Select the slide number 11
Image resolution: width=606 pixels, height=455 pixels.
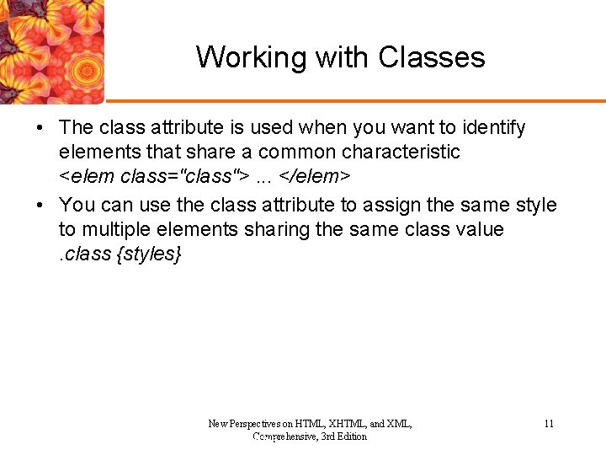pyautogui.click(x=549, y=424)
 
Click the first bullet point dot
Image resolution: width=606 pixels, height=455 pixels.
pyautogui.click(x=40, y=128)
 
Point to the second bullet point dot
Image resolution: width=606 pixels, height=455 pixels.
pyautogui.click(x=40, y=205)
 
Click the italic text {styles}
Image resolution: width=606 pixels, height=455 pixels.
pyautogui.click(x=148, y=254)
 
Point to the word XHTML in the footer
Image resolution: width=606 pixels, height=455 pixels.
pyautogui.click(x=344, y=424)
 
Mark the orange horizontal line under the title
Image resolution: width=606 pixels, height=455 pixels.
pyautogui.click(x=353, y=101)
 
